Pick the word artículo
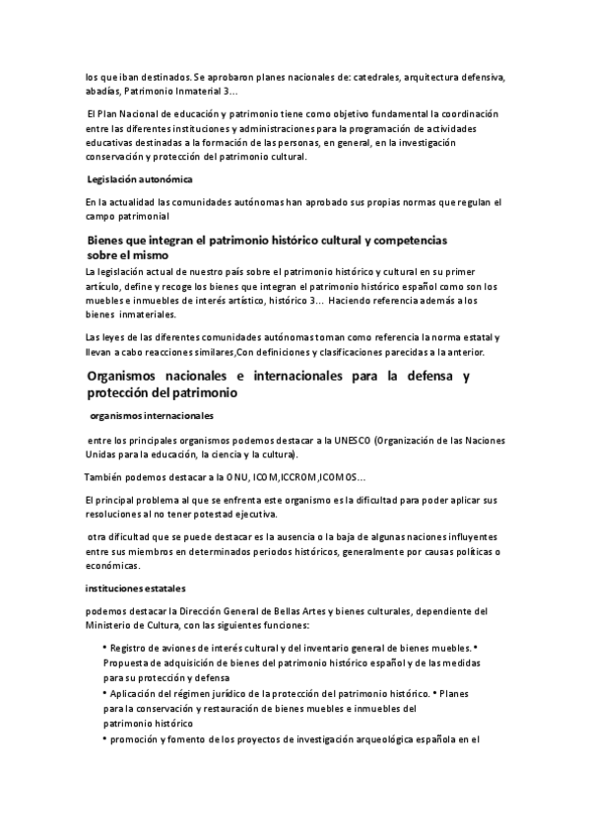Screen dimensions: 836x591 coord(108,287)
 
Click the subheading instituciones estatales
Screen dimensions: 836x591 coord(130,589)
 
